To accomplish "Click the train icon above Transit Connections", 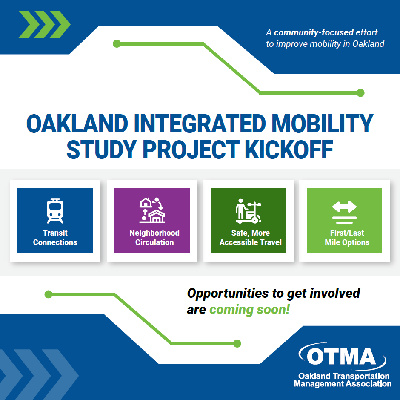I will coord(55,210).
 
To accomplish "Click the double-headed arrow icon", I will coord(344,207).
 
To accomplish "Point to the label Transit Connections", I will coord(55,238).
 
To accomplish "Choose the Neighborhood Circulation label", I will coord(154,238).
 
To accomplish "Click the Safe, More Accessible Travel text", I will coord(250,238).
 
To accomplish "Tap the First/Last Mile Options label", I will coord(347,238).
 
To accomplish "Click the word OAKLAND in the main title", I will coord(77,124).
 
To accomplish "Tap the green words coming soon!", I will coord(249,309).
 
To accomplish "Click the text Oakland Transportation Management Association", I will coord(343,380).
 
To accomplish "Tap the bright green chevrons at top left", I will coord(44,24).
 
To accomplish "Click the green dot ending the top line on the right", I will coord(360,92).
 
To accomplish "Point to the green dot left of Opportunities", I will coord(49,294).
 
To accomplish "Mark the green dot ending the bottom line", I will coord(237,343).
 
